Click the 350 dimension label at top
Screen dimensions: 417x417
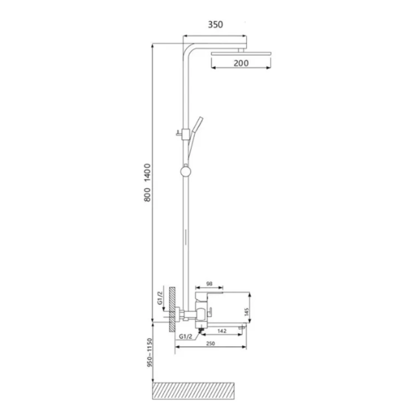215,24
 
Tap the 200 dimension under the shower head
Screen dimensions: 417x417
241,63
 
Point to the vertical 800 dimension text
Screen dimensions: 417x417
147,194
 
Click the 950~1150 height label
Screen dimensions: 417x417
149,353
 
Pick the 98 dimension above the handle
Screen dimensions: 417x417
209,284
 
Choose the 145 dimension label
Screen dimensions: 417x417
246,312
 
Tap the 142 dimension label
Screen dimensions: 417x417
222,331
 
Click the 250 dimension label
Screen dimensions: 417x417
211,344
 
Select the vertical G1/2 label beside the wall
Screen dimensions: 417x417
160,298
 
